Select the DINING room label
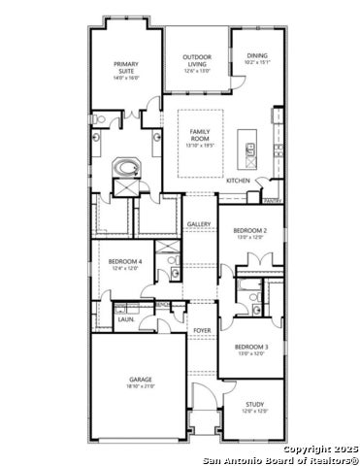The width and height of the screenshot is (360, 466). point(257,56)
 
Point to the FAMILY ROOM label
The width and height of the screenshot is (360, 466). point(200,135)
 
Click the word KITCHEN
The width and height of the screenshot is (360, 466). point(239,181)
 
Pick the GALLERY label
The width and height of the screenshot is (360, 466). point(200,224)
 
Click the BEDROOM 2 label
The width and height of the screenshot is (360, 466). point(250,230)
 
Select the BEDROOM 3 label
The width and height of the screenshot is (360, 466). point(251,347)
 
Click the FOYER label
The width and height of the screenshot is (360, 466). point(202,331)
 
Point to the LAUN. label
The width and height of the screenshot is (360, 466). point(126,318)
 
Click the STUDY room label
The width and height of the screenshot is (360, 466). point(254,404)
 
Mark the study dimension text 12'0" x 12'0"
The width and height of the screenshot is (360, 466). point(254,412)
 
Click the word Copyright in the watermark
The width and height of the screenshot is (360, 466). point(305,449)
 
